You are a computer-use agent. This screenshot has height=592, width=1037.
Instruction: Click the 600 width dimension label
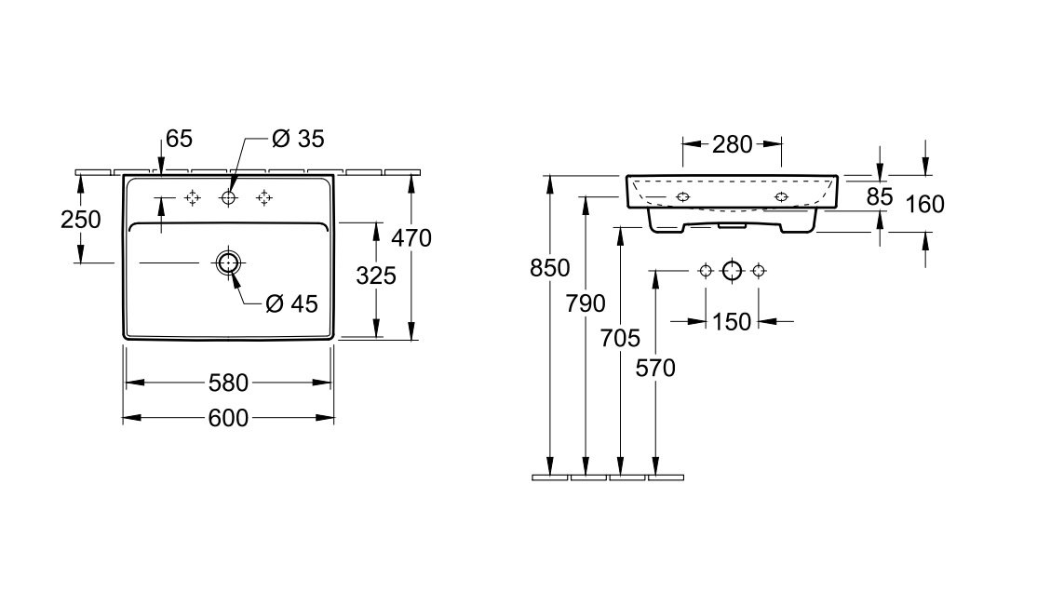click(228, 418)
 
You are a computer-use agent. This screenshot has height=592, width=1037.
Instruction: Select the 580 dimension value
click(228, 383)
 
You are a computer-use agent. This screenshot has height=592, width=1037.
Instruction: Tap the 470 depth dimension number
click(411, 238)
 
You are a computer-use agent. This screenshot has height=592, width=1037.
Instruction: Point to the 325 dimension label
click(376, 276)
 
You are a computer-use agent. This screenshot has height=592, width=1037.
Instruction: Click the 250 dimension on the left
click(81, 220)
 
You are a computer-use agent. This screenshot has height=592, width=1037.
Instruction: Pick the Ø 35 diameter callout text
click(298, 139)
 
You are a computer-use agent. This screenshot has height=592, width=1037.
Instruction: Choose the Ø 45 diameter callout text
click(291, 303)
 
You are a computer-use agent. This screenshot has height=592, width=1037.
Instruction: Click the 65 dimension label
click(179, 139)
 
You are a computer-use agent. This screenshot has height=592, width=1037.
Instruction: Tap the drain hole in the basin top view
click(228, 263)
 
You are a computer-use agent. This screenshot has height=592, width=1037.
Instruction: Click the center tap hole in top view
click(228, 197)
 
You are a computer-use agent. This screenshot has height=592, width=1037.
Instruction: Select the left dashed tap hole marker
click(193, 197)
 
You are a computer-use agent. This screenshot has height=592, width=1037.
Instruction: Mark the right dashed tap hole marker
click(264, 197)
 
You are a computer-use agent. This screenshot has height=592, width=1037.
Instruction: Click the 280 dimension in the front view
click(732, 144)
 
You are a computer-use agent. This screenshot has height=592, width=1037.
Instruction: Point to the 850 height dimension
click(549, 268)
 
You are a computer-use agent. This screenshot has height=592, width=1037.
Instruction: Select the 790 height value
click(586, 303)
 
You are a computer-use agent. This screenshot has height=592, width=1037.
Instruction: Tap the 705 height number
click(620, 339)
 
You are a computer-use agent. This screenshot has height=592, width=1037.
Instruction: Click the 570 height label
click(655, 368)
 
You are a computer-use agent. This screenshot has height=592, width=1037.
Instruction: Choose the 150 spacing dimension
click(732, 322)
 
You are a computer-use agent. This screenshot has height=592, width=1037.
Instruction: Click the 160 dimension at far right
click(924, 205)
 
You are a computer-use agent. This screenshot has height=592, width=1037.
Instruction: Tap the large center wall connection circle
click(732, 271)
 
